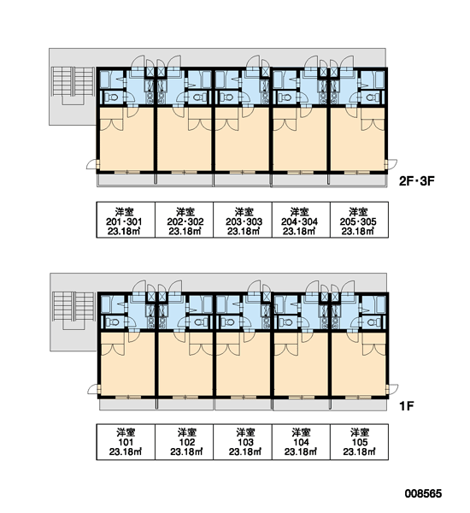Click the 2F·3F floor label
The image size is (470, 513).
coord(417,181)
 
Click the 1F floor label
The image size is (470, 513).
coord(407,406)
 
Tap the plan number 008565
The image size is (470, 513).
coord(423,493)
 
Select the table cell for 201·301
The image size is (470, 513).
coord(126,220)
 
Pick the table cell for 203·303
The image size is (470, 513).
coord(243,220)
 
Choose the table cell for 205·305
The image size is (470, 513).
coord(360,220)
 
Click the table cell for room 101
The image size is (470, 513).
coord(126,442)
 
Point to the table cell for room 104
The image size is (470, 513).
coord(302,442)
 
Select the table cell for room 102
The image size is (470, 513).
coord(184,442)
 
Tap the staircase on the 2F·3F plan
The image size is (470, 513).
coord(73,84)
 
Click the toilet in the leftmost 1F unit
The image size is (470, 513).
coord(113,322)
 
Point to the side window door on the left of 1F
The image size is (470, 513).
coord(95,389)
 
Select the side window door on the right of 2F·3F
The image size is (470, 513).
coord(391,164)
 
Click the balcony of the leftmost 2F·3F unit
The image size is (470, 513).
coord(126,180)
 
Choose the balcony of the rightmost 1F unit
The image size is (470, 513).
coord(359,405)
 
